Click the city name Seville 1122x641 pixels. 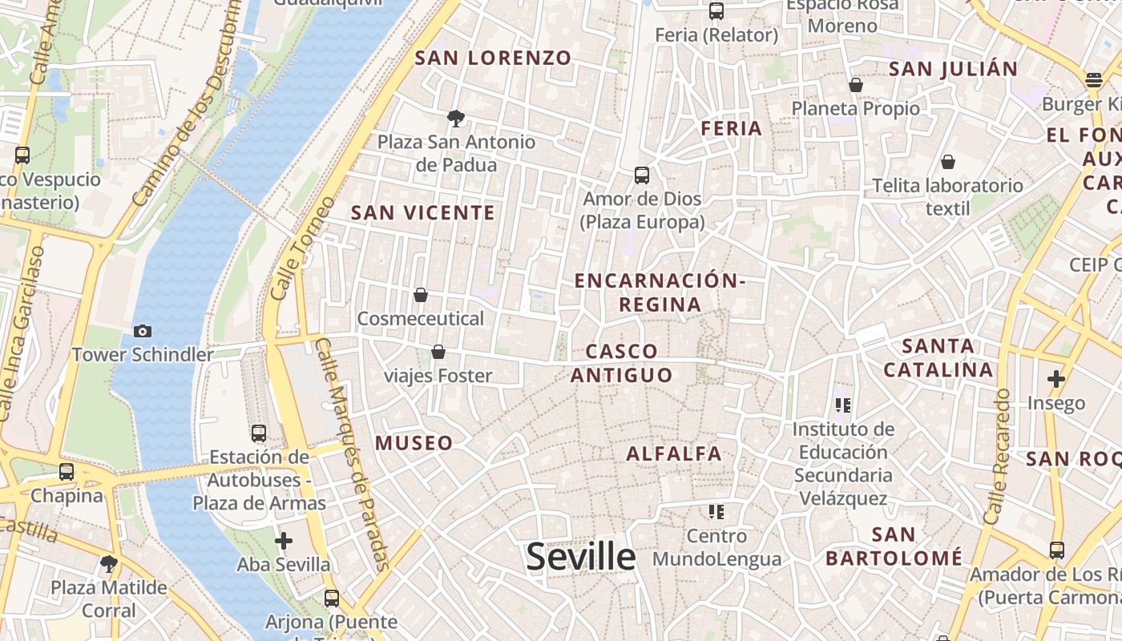580,557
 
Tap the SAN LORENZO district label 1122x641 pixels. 493,58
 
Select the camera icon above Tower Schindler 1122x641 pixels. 143,331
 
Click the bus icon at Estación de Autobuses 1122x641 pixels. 259,433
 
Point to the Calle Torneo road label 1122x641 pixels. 302,248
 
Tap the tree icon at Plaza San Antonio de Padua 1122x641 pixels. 456,119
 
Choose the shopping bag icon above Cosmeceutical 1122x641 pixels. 421,296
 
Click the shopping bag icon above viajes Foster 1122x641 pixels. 438,352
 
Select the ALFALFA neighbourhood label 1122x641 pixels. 674,454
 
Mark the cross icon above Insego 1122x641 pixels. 1056,379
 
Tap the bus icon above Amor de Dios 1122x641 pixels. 642,175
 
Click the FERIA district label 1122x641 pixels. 731,128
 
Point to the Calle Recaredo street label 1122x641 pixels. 997,457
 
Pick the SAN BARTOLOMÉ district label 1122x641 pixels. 894,546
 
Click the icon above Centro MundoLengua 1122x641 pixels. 716,511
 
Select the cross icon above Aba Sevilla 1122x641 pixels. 284,541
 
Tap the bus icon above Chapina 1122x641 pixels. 67,472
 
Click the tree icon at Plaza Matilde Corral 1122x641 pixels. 109,564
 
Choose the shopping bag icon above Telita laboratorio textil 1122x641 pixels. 948,162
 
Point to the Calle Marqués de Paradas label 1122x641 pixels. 353,454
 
